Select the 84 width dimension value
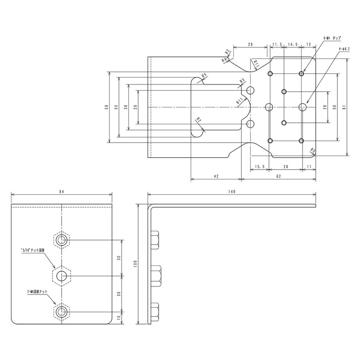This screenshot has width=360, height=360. coord(62,192)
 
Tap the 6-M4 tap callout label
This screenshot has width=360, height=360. coord(332,38)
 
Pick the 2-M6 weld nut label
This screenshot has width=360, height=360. coord(37,293)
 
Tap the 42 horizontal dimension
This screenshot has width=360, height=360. coord(216,176)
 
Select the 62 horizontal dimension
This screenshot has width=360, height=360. coord(278,176)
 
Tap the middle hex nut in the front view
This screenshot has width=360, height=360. coord(62,276)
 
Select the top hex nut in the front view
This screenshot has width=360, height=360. coord(62,239)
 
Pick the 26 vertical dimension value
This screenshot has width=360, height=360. coord(325,107)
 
